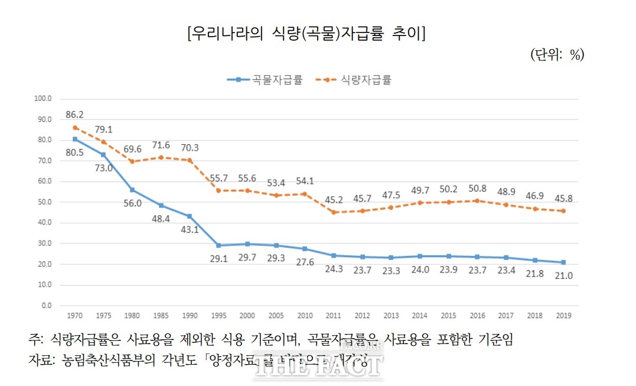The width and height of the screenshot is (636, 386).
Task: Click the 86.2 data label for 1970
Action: [x=75, y=115]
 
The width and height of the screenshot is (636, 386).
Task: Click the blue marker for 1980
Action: [x=132, y=190]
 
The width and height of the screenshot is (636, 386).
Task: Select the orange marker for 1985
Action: [x=161, y=157]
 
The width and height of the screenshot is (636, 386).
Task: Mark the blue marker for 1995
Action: [x=218, y=245]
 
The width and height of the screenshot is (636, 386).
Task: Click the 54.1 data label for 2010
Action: [x=305, y=181]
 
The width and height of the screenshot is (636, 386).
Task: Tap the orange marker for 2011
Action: [x=333, y=212]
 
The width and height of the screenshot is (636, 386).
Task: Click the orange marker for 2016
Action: [x=477, y=200]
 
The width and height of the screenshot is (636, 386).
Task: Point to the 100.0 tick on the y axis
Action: [x=43, y=99]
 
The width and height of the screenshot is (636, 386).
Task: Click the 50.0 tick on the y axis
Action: [x=45, y=202]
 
